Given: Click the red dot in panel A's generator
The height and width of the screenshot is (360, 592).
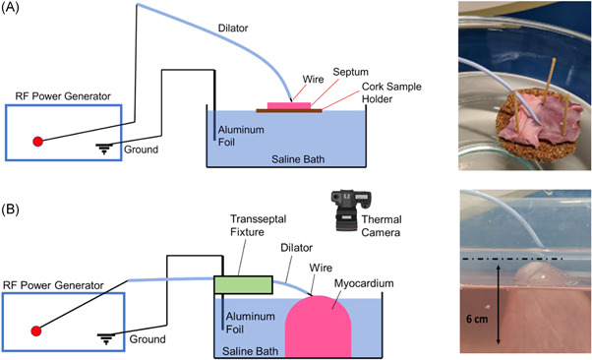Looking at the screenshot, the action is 37,142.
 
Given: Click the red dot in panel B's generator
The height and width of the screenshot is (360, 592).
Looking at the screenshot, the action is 36,330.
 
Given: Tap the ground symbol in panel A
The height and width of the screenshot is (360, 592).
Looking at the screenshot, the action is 104,149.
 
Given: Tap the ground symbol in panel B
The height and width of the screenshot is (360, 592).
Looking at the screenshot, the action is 106,338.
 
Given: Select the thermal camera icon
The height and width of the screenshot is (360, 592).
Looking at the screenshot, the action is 351,210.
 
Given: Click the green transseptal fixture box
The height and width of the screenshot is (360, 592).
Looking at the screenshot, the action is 244,285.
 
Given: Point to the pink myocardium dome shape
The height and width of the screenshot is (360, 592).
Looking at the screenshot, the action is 318,327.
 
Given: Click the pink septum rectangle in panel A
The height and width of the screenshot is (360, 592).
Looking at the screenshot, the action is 289,105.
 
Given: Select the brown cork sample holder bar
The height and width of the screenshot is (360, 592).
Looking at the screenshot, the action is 289,111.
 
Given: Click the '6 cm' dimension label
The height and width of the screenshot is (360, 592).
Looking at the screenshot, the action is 477,319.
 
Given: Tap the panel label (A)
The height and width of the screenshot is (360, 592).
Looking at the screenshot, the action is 10,7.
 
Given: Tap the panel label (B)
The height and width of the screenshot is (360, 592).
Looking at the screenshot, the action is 10,209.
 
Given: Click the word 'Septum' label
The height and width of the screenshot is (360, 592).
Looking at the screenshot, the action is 350,72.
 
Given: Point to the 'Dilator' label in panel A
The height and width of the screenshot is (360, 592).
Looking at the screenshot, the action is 233,28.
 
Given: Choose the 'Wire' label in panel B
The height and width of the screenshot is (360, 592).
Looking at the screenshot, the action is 321,268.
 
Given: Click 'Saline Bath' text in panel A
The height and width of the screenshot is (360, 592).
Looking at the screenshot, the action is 298,159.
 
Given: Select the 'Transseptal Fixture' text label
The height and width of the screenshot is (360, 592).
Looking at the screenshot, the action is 259,225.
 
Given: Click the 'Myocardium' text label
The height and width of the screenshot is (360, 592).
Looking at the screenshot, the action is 364,283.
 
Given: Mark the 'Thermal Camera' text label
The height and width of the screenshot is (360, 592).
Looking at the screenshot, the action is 381,226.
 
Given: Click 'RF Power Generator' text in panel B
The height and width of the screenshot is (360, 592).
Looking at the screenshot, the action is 53,285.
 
